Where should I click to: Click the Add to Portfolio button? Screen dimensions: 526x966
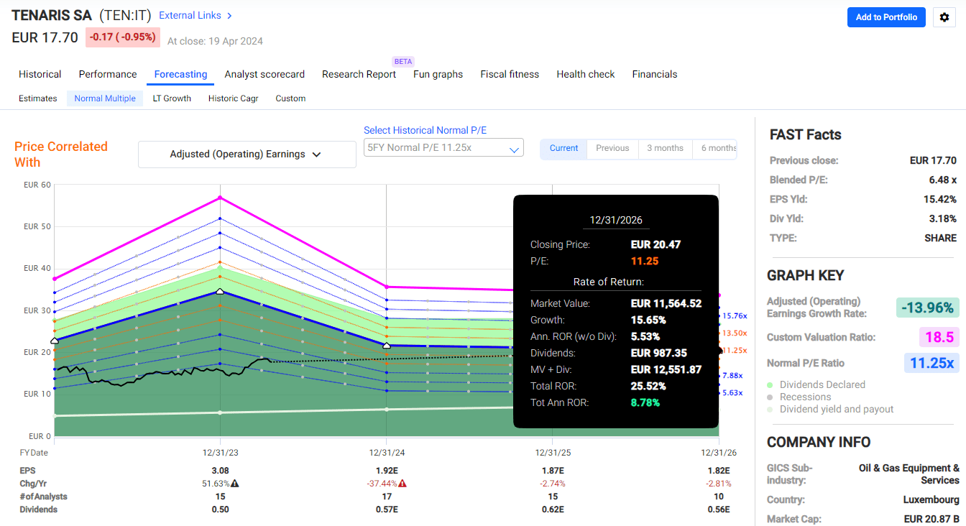(886, 17)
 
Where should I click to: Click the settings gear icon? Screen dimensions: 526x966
(944, 17)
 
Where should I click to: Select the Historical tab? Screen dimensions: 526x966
(40, 74)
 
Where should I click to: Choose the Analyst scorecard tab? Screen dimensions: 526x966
(264, 74)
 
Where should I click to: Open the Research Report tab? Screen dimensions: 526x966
(359, 74)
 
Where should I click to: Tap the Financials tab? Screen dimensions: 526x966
(654, 74)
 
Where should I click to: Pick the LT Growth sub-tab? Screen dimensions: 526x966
(172, 98)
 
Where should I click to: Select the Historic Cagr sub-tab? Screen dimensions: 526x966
(233, 98)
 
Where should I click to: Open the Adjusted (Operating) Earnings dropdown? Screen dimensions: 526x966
(247, 154)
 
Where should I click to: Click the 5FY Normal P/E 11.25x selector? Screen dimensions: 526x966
(443, 148)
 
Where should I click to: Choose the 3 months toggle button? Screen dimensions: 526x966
(665, 148)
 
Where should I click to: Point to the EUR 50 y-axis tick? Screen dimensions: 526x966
(37, 226)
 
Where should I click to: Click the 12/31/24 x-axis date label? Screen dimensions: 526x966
(387, 453)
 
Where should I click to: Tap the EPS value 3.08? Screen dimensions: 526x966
(220, 471)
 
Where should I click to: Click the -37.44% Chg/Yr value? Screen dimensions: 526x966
(382, 484)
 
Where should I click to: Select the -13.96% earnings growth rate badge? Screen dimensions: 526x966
(927, 308)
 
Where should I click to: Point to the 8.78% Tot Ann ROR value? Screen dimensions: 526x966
(645, 402)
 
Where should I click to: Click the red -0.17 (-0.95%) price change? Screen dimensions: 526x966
(123, 37)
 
